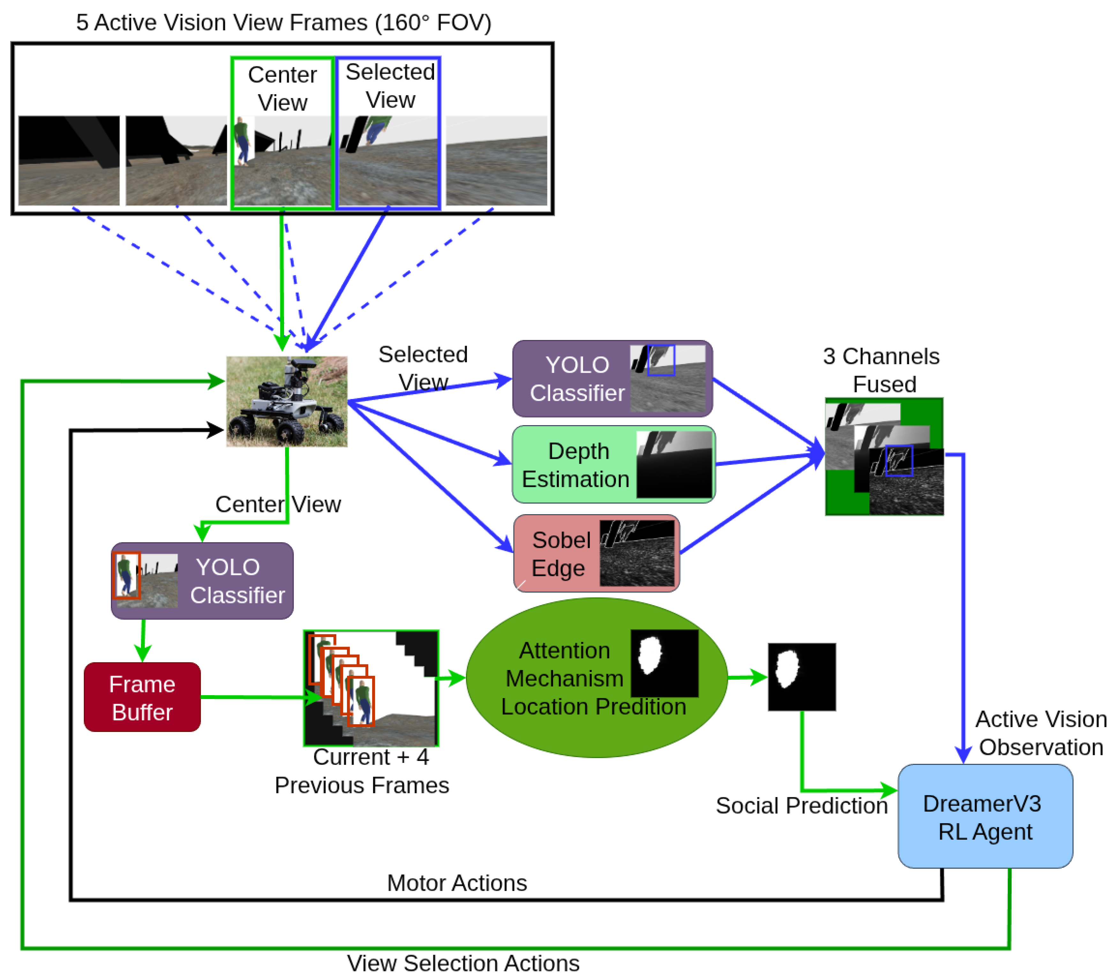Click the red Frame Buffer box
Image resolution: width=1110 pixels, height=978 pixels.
(x=142, y=697)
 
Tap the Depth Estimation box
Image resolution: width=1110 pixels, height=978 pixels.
(x=614, y=464)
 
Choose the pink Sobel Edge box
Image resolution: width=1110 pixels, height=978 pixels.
(x=596, y=553)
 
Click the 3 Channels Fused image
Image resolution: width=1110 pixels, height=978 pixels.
(x=884, y=457)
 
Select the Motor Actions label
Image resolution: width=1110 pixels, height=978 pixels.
(x=457, y=883)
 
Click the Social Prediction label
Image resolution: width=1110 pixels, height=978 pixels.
(x=802, y=805)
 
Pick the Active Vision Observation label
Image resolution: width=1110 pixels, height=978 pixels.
(x=1040, y=733)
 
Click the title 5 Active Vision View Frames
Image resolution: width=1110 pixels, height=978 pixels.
(x=283, y=22)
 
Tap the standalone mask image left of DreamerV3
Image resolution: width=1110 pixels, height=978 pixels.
(x=802, y=677)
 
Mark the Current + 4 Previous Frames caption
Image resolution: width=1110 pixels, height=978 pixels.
(x=362, y=771)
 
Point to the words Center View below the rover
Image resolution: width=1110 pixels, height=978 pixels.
(x=278, y=504)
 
